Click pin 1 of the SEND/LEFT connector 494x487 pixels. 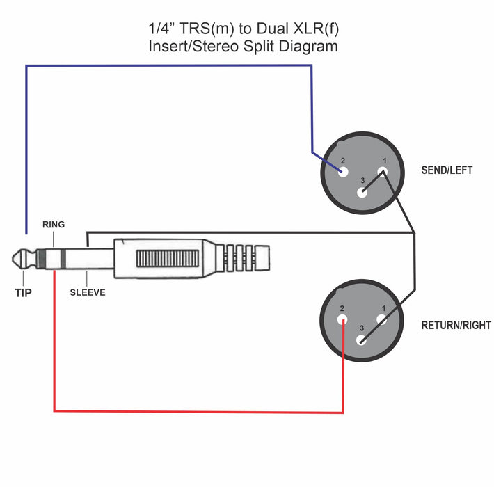click(x=382, y=172)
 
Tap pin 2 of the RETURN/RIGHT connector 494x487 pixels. click(x=342, y=320)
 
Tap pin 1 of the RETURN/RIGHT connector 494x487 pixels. click(x=382, y=320)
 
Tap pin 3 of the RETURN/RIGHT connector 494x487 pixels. click(x=361, y=340)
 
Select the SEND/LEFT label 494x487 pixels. click(x=447, y=170)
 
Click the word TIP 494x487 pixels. click(x=23, y=293)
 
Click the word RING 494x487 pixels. click(x=54, y=225)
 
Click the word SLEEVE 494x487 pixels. click(x=88, y=293)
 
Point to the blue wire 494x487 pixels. click(x=167, y=66)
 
